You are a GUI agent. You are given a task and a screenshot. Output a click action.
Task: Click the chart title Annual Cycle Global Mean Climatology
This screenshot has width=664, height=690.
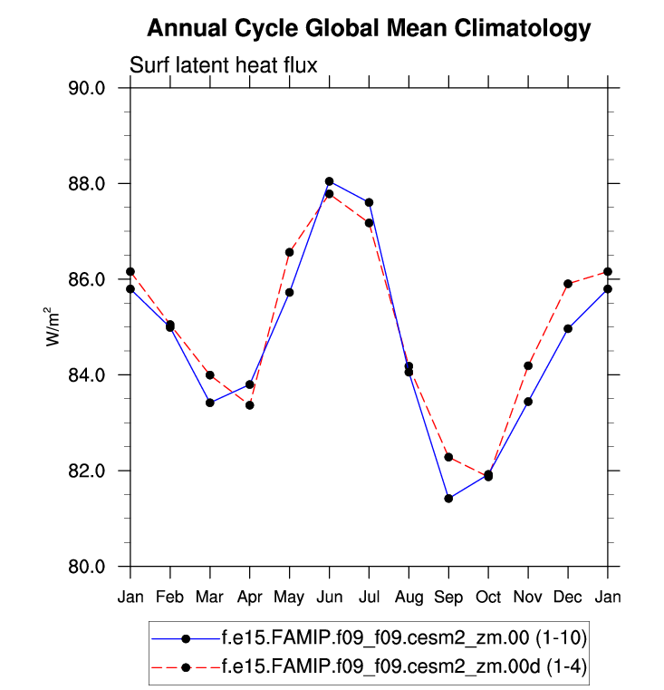[368, 29]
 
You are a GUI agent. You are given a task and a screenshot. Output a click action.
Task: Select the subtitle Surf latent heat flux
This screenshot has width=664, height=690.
[223, 65]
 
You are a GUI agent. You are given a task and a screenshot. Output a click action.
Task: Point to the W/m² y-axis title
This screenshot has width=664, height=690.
[53, 327]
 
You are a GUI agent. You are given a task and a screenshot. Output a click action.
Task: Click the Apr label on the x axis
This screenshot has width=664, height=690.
[249, 597]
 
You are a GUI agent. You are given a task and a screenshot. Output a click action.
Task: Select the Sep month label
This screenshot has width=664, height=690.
[448, 597]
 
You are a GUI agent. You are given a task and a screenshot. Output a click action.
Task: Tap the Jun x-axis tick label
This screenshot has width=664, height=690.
[329, 597]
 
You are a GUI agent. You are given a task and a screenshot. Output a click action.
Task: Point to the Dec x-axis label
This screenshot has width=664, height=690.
[568, 597]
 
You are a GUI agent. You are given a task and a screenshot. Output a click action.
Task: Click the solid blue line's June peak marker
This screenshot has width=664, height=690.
[330, 181]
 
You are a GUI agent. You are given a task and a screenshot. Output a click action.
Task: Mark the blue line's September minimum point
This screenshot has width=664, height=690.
[448, 498]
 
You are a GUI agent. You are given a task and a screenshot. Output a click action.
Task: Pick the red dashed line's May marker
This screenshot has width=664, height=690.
[290, 252]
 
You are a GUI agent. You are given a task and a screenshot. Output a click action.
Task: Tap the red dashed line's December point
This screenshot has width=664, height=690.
[568, 284]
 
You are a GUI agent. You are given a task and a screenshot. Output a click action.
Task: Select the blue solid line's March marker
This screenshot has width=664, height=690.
[210, 403]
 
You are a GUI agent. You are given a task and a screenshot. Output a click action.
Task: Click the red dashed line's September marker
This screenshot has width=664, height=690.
[448, 457]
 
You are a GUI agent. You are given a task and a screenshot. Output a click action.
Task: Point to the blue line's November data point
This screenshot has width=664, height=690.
[528, 402]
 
